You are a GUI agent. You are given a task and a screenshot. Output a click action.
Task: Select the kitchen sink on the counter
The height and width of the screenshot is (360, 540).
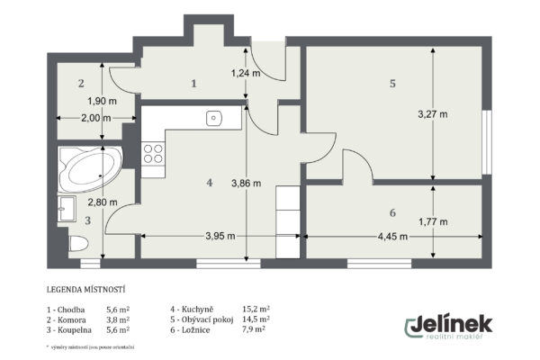tap(214, 117)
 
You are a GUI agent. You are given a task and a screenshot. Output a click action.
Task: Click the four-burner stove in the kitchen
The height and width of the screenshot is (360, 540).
tap(153, 154)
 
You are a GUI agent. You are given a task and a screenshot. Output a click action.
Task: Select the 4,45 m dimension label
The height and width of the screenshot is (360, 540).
tap(390, 237)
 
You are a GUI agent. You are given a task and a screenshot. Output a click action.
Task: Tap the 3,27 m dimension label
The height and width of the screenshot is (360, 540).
tap(433, 114)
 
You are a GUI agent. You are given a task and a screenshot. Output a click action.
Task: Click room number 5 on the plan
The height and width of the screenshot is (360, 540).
tap(392, 84)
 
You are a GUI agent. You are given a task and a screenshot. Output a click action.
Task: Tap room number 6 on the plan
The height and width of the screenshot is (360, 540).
tap(392, 212)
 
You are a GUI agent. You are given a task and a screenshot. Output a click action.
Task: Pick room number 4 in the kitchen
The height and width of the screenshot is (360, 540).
tap(209, 182)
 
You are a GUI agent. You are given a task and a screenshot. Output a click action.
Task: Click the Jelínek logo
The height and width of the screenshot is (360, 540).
tap(446, 326)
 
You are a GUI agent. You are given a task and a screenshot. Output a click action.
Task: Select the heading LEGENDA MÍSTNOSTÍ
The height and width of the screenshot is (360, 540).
tap(85, 291)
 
